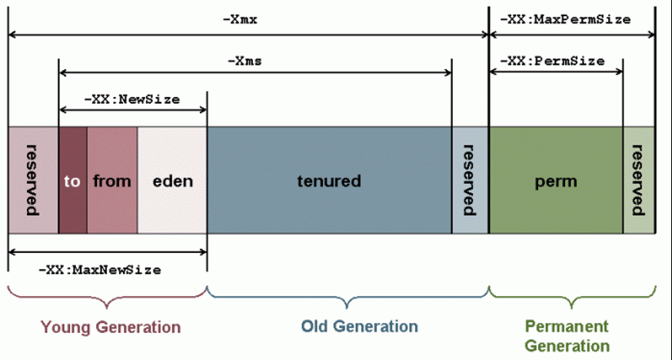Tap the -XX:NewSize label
(132, 99)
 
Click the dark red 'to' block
(72, 181)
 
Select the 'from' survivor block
(112, 181)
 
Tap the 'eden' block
(172, 181)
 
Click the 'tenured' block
(329, 181)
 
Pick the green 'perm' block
(556, 181)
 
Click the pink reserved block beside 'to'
(32, 181)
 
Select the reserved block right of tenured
(469, 181)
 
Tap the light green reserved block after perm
(638, 181)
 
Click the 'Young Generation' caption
(111, 327)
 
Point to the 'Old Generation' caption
(349, 326)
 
